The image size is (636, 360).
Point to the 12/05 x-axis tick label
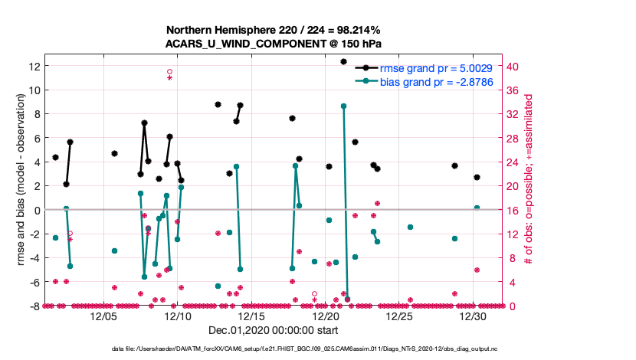(104, 316)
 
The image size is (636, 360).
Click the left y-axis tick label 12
(34, 66)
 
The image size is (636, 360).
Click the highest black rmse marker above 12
(343, 61)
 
